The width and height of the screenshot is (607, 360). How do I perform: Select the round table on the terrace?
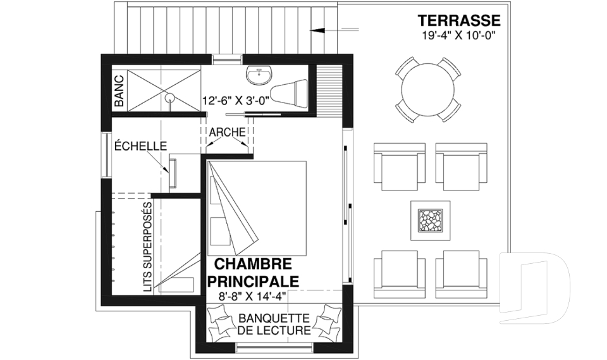pyautogui.click(x=429, y=89)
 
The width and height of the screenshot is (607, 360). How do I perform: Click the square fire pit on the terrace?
pyautogui.click(x=431, y=220)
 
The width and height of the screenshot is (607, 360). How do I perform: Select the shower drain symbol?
pyautogui.click(x=169, y=98)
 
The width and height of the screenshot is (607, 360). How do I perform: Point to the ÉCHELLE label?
pyautogui.click(x=140, y=146)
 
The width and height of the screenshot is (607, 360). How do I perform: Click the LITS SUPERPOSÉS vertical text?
pyautogui.click(x=147, y=247)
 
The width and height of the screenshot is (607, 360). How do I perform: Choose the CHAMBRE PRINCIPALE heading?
pyautogui.click(x=252, y=271)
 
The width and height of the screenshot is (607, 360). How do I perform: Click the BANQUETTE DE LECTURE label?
pyautogui.click(x=273, y=324)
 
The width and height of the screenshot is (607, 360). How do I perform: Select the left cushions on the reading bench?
pyautogui.click(x=222, y=320)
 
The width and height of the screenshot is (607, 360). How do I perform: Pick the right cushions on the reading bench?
pyautogui.click(x=328, y=320)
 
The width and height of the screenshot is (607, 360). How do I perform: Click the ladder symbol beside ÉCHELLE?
pyautogui.click(x=172, y=172)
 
